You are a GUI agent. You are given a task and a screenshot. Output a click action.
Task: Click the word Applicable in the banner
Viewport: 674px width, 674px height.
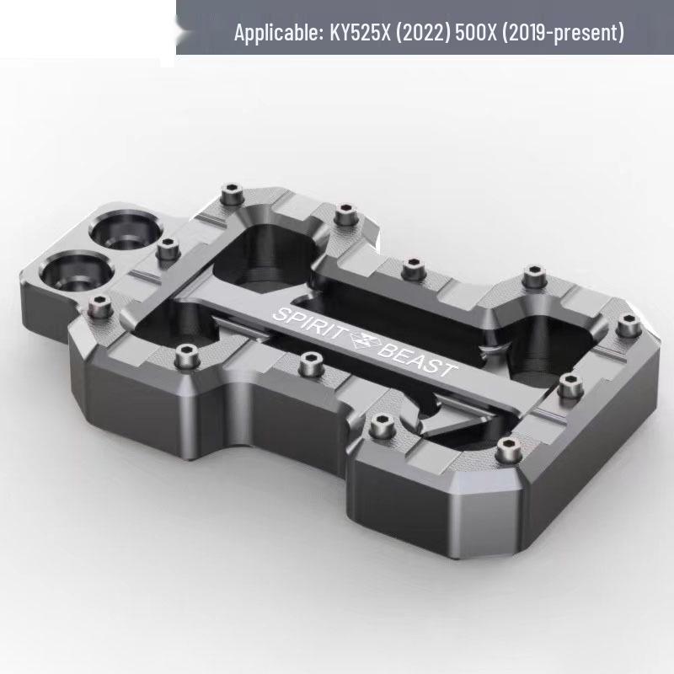click(279, 32)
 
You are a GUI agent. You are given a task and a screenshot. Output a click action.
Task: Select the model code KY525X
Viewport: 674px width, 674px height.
click(361, 32)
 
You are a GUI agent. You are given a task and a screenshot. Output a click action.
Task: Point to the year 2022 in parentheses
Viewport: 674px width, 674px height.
click(423, 32)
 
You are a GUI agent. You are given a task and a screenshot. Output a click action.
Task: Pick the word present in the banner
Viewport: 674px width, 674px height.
click(586, 33)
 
